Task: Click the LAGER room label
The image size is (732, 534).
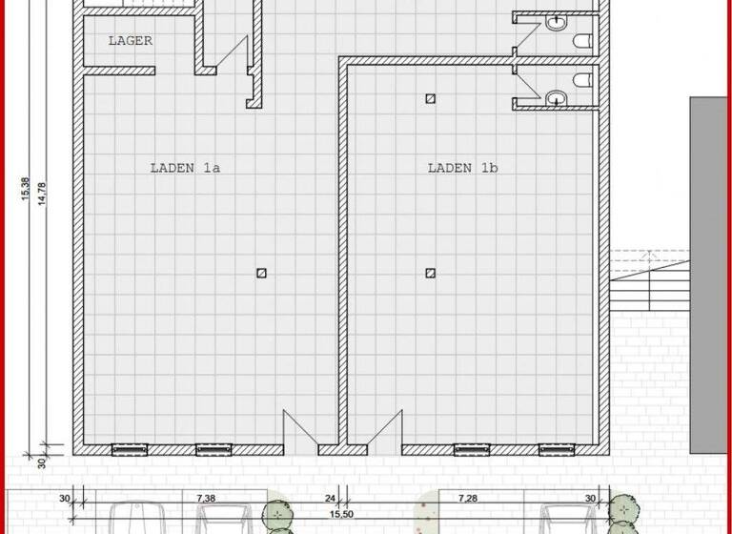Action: pos(131,41)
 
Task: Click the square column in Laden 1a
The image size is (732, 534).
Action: pos(261,273)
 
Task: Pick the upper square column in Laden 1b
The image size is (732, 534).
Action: pos(431,97)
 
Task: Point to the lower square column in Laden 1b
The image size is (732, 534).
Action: pos(431,273)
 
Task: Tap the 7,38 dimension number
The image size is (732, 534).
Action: pos(206,499)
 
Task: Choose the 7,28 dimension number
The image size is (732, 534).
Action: pos(467,499)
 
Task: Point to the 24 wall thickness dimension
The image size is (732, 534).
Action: pos(330,499)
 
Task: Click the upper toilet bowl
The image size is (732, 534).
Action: pos(582,40)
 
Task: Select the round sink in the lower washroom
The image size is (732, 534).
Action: pos(555,95)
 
